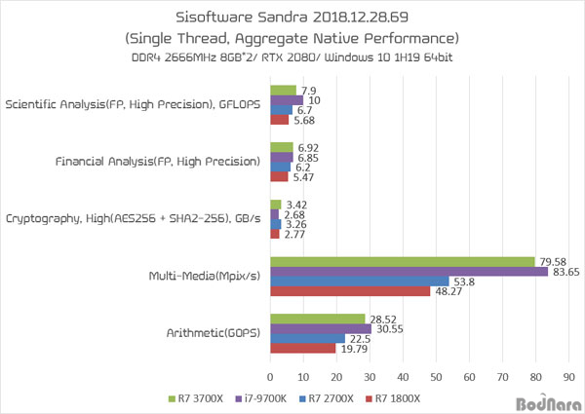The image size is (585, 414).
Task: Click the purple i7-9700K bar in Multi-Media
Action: (x=409, y=271)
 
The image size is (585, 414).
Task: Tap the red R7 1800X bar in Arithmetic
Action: (x=302, y=349)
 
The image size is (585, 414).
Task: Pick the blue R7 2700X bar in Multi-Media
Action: (x=359, y=282)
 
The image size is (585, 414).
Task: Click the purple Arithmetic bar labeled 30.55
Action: (x=321, y=328)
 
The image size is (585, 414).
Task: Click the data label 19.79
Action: (x=354, y=349)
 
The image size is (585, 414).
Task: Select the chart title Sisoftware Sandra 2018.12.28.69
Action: (x=292, y=18)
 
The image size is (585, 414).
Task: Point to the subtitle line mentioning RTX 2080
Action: (x=292, y=60)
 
